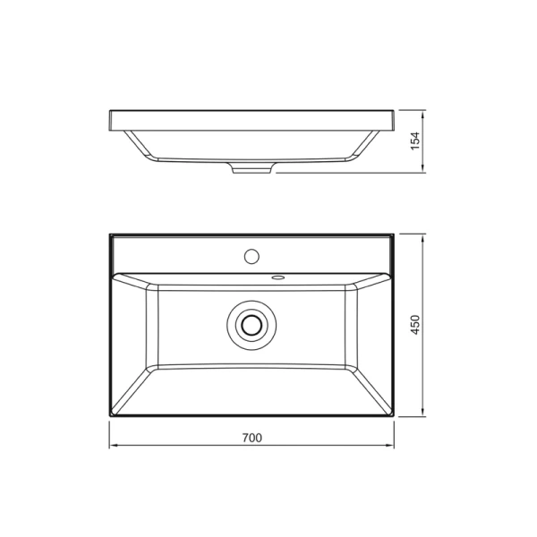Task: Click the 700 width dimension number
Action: [x=251, y=438]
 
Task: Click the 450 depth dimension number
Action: [x=415, y=325]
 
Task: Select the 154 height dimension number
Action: [x=415, y=141]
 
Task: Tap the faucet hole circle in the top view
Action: [x=251, y=257]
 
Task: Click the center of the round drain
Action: [x=251, y=326]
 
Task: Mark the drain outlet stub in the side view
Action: [x=251, y=168]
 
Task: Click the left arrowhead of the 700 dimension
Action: [x=113, y=447]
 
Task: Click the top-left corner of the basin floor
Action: [x=158, y=287]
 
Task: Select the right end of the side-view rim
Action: [x=393, y=120]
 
